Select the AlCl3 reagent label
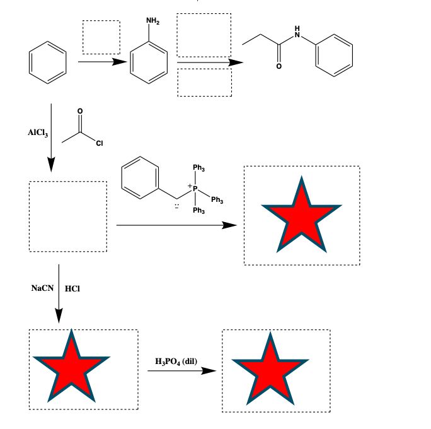(37, 133)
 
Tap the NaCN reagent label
(42, 288)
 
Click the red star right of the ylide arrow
(301, 215)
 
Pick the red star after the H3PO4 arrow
(271, 370)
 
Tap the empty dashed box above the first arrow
(101, 37)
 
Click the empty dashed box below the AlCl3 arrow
(67, 216)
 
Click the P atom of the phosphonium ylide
(195, 188)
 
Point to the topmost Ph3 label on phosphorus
(198, 168)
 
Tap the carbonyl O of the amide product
(277, 66)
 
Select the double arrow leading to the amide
(209, 62)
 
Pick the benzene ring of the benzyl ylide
(141, 175)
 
